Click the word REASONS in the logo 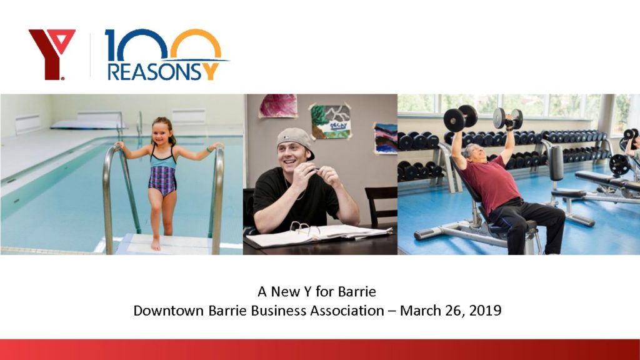[155, 71]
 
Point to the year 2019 [485, 311]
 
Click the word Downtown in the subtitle [169, 311]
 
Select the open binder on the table [318, 235]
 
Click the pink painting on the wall [278, 106]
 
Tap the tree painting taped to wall [331, 121]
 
